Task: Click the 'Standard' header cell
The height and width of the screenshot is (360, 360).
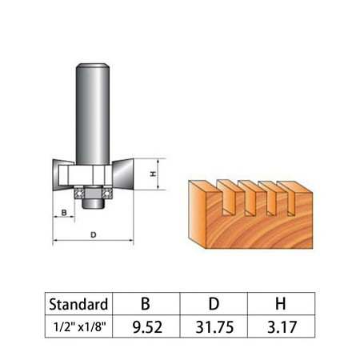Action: (x=78, y=304)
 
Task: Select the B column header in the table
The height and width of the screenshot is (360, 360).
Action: (x=146, y=304)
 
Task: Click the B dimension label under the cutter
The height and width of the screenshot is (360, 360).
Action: (x=62, y=212)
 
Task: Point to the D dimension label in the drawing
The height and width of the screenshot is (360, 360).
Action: (x=93, y=234)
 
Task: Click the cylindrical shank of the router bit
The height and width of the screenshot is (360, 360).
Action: (x=93, y=112)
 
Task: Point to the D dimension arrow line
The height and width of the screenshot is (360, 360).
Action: (x=93, y=242)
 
